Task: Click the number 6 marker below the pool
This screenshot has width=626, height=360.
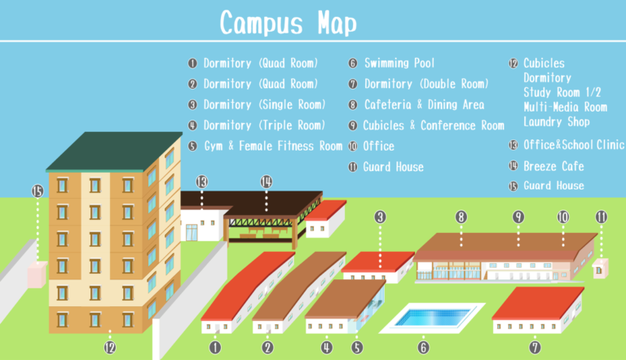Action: [x=423, y=347]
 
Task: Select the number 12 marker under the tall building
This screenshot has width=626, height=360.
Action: [x=110, y=347]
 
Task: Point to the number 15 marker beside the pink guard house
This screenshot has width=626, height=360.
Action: [x=37, y=191]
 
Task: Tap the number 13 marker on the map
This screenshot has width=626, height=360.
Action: [x=202, y=181]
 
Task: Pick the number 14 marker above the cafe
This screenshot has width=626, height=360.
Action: [x=265, y=181]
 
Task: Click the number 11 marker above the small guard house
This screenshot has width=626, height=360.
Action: [x=602, y=217]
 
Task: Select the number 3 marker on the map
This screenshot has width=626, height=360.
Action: [x=380, y=217]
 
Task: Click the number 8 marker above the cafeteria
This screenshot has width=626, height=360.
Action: [x=461, y=217]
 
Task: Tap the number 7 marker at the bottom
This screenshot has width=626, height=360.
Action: [x=535, y=347]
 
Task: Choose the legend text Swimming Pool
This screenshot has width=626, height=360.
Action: [x=399, y=63]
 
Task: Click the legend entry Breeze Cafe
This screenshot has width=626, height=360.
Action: [x=554, y=166]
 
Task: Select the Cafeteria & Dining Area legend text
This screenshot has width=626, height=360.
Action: [x=424, y=104]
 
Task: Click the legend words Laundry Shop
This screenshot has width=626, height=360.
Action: [x=556, y=122]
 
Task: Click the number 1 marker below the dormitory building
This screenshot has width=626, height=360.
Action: [x=215, y=347]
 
